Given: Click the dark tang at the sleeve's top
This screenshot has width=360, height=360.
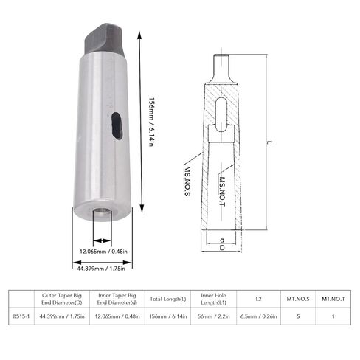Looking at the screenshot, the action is [x=105, y=39].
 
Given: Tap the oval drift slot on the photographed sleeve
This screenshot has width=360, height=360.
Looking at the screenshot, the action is [x=117, y=126].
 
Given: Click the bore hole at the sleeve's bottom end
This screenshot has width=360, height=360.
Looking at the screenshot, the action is [x=103, y=212].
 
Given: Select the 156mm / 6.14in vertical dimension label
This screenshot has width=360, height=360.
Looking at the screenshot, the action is [x=152, y=122].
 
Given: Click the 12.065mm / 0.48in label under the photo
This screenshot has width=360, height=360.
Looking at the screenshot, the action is [x=103, y=252].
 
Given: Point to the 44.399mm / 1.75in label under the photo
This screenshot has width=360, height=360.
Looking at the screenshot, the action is [x=101, y=269].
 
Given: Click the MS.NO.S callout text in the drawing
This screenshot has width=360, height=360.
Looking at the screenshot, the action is [x=187, y=181].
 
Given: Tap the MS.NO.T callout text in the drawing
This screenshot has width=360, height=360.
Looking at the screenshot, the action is [x=222, y=191].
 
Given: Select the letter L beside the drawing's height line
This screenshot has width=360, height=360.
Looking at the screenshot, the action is [x=270, y=142].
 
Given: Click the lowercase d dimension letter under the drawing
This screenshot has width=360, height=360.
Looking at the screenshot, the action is [x=222, y=240].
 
